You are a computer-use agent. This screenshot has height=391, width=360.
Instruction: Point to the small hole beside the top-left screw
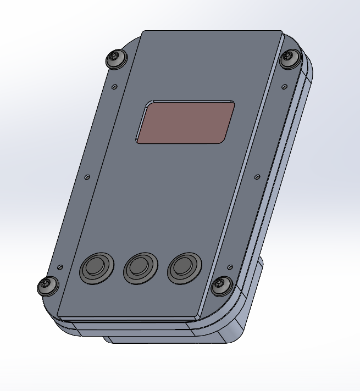[x=114, y=87]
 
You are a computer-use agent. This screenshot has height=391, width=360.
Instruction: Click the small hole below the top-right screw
[x=284, y=85]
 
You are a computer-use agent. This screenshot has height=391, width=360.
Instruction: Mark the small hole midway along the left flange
[x=87, y=177]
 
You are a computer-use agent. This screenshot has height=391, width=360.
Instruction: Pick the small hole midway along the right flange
[x=257, y=177]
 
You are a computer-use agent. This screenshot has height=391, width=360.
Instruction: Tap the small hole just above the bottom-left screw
[x=60, y=267]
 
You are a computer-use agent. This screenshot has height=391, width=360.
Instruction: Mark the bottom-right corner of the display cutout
[x=223, y=142]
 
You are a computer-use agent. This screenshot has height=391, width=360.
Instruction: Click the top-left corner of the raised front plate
[x=143, y=31]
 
